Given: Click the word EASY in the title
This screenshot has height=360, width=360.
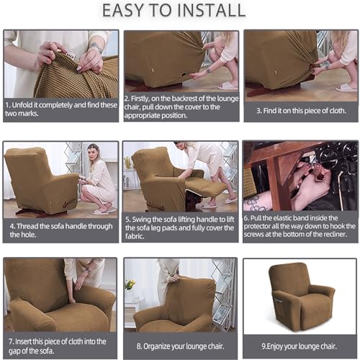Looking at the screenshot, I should click(x=125, y=12).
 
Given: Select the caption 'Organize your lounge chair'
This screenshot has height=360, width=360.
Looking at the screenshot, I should click(x=179, y=346).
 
